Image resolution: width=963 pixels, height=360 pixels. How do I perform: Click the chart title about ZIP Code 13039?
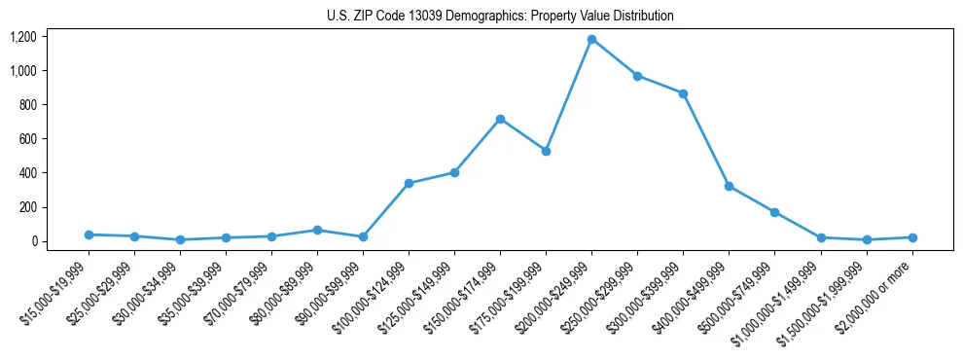pos(499,16)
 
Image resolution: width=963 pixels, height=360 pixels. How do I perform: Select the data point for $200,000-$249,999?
pos(591,40)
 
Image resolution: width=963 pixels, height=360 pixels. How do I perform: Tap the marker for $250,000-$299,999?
pos(637,76)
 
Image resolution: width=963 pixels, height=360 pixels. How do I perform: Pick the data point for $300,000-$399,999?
pos(683,93)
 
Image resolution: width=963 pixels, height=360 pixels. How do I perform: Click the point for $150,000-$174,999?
pos(500,119)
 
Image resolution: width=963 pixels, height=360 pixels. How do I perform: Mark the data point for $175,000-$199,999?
pos(546,151)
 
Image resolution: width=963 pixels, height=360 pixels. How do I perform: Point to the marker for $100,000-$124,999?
pos(409,183)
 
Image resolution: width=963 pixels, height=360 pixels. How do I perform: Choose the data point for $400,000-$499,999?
pos(729,186)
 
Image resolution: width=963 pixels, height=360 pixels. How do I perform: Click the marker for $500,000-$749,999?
pos(774,212)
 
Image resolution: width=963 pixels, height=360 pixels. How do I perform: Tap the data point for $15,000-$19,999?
pos(89,234)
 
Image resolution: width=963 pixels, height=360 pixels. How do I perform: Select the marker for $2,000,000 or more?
pos(911,237)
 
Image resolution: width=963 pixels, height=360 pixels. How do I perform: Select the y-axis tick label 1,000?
pos(23,71)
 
